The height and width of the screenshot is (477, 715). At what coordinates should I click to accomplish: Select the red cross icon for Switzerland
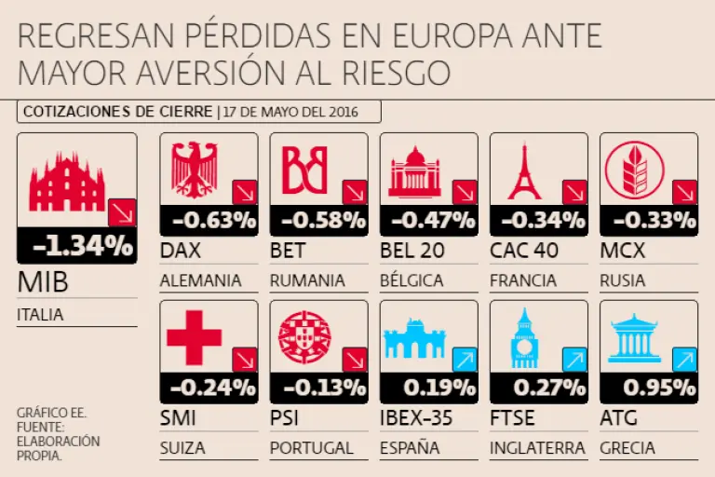click(194, 337)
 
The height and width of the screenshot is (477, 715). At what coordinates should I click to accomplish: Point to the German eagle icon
click(195, 170)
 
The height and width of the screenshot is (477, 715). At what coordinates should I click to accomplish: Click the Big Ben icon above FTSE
click(524, 337)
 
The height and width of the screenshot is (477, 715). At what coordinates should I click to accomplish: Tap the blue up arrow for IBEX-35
click(465, 360)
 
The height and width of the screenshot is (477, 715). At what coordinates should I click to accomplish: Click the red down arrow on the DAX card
click(245, 193)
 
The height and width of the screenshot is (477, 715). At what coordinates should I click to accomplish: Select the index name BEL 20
click(412, 251)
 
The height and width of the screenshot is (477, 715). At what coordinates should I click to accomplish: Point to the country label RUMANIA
click(307, 280)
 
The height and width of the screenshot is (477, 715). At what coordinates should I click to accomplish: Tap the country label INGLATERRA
click(537, 448)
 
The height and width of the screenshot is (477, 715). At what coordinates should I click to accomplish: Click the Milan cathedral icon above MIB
click(68, 182)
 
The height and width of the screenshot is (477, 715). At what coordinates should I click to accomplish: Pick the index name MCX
click(623, 251)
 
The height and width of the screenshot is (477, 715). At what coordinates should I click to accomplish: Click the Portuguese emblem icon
click(304, 337)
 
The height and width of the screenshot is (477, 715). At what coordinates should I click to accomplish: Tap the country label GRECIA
click(627, 448)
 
